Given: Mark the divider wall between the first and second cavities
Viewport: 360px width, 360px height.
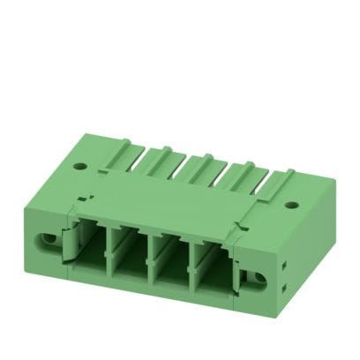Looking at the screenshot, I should pos(109,251).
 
